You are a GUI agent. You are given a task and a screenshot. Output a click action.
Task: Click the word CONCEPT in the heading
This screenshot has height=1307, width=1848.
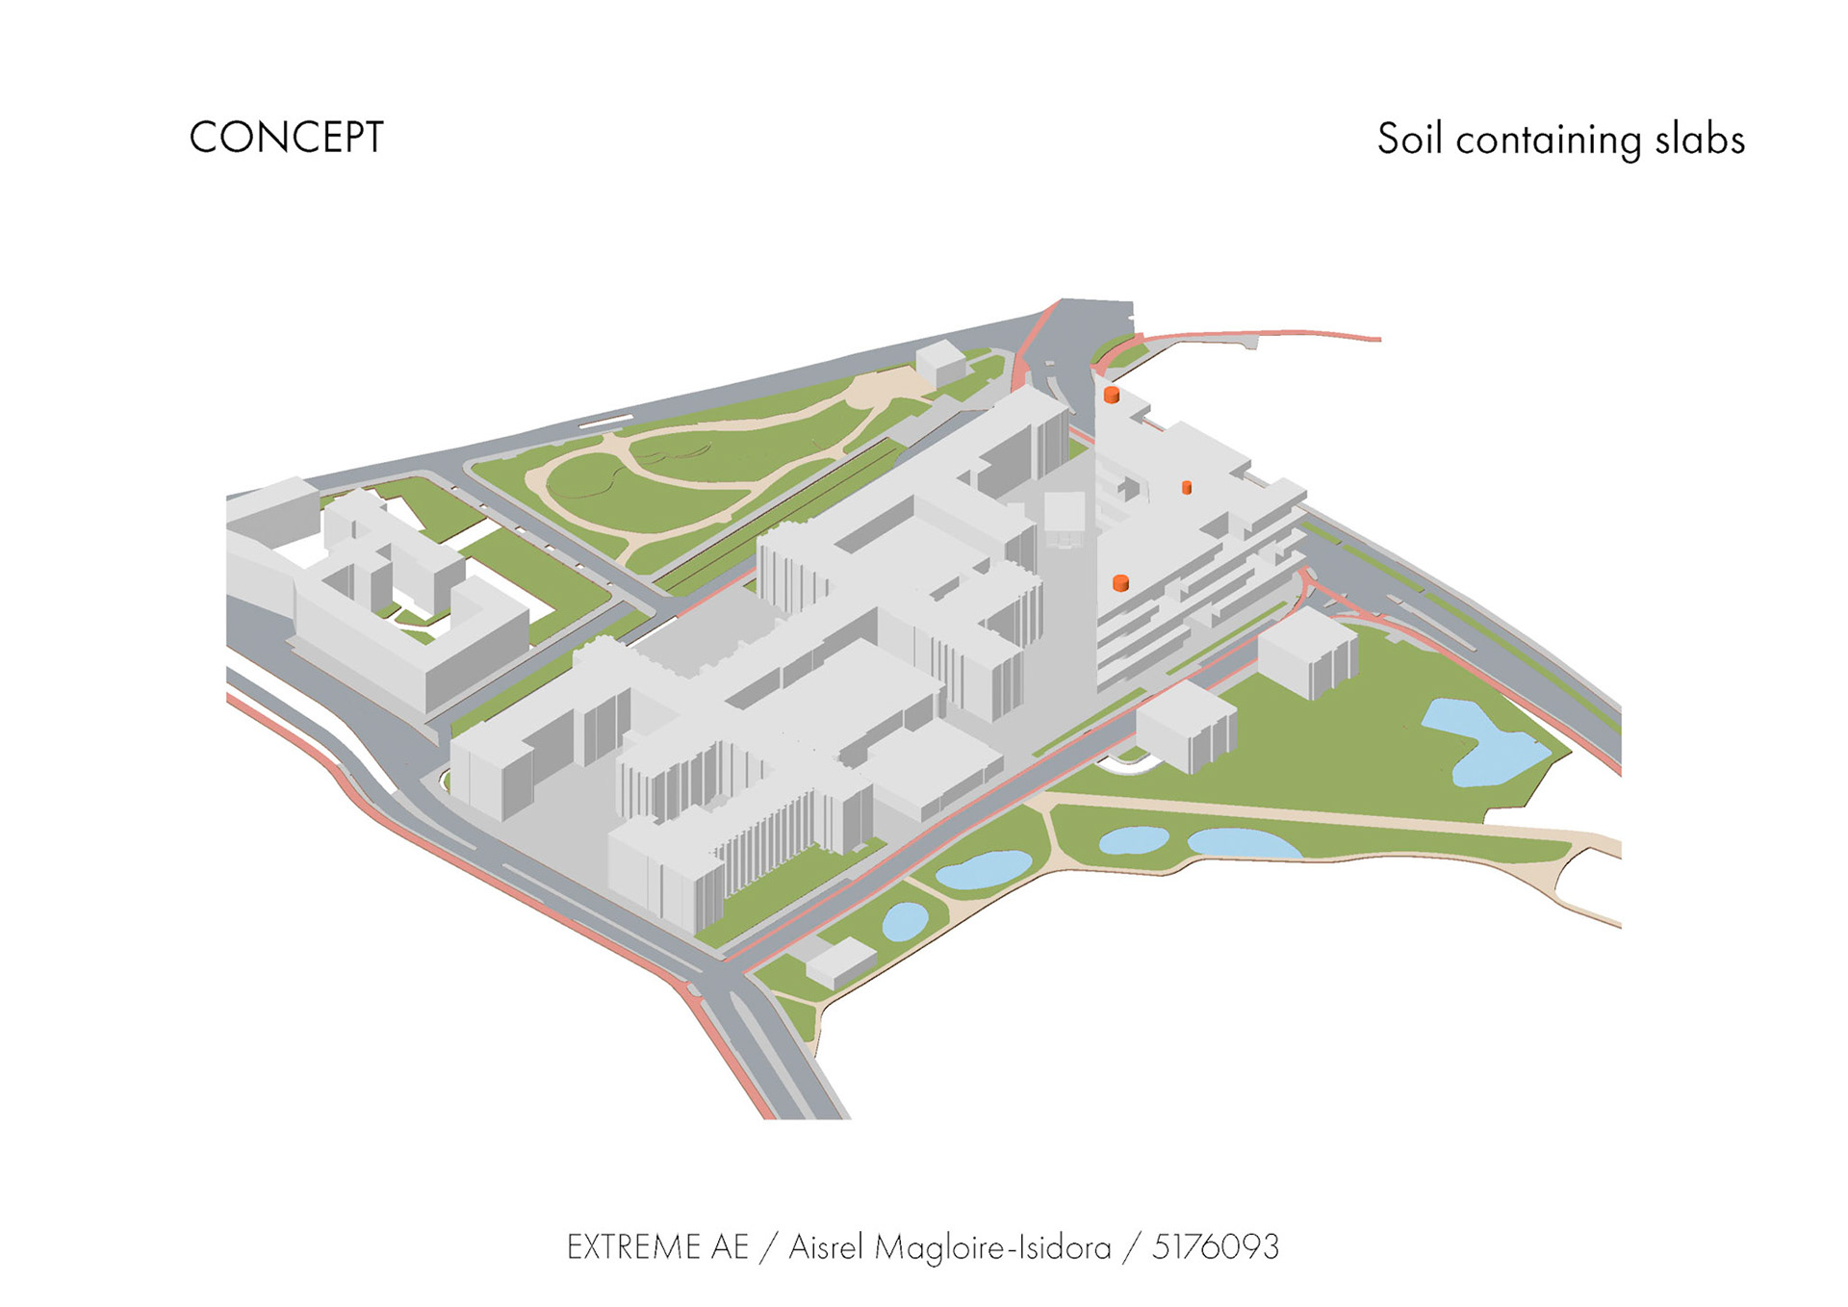tap(286, 138)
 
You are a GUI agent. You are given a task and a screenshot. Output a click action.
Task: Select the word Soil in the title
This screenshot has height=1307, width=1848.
tap(1409, 139)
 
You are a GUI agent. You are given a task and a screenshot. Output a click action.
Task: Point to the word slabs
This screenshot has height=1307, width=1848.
tap(1700, 139)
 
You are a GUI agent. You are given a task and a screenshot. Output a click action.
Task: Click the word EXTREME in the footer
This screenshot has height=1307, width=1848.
tap(630, 1247)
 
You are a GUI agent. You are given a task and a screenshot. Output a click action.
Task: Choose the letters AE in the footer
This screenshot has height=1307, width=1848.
tap(730, 1247)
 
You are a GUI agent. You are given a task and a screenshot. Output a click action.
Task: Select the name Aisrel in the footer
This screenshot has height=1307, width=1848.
tap(826, 1247)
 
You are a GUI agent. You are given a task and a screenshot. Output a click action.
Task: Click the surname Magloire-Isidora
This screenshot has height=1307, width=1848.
tap(992, 1248)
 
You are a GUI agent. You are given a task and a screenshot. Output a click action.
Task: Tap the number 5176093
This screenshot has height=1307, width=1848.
tap(1216, 1247)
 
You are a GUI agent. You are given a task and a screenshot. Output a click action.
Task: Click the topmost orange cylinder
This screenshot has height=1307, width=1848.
tap(1111, 395)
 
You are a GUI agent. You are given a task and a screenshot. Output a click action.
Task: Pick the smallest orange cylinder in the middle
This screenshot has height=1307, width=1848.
tap(1187, 488)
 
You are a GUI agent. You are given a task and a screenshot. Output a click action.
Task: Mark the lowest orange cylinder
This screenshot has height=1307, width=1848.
tap(1120, 582)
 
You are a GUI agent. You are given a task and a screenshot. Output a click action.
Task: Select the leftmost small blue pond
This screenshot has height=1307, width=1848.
tap(905, 920)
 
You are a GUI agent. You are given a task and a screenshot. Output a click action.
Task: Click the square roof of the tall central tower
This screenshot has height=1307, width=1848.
tap(1065, 509)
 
